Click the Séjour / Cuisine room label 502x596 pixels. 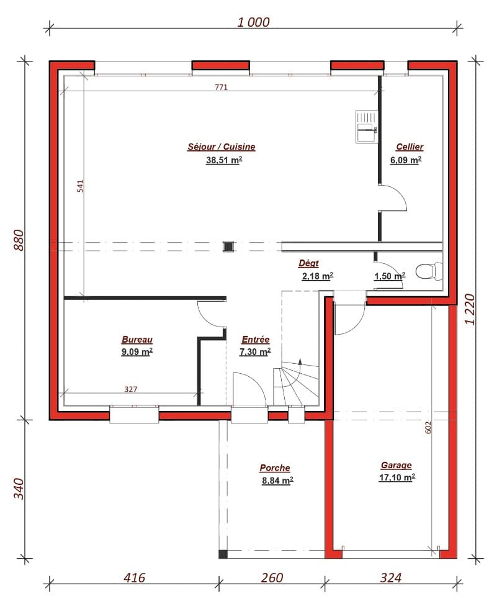(222, 147)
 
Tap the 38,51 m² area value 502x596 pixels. (223, 160)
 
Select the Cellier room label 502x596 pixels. (410, 147)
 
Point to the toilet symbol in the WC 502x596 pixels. (427, 271)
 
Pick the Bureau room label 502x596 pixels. (137, 340)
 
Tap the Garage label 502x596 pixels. (397, 465)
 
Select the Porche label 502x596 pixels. (275, 468)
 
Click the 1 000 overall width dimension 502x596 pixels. (254, 22)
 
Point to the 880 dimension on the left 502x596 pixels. (18, 240)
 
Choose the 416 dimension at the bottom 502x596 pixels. (134, 578)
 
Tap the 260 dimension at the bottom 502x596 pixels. (272, 578)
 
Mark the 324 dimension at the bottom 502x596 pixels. (390, 578)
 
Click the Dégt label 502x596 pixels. (308, 264)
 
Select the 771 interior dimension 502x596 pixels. (222, 88)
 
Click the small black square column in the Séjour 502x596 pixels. (228, 246)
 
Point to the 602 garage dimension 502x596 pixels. (429, 427)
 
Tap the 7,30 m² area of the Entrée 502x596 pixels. (255, 352)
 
